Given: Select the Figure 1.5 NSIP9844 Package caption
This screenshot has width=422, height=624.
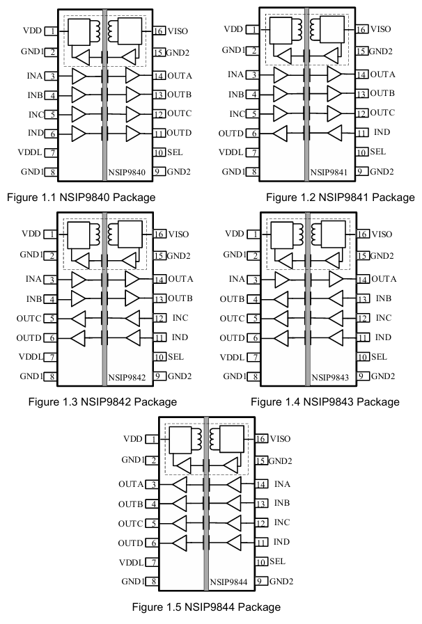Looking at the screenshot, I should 206,607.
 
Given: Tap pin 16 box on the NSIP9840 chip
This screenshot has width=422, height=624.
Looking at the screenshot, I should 159,31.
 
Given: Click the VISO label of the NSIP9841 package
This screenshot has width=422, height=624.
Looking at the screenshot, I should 382,29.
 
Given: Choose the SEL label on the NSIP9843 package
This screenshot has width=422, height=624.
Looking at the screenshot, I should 379,357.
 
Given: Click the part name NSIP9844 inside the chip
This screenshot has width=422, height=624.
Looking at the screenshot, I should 226,581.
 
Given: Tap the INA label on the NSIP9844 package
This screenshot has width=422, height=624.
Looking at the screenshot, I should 282,484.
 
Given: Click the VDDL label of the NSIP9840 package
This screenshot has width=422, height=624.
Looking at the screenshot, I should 33,152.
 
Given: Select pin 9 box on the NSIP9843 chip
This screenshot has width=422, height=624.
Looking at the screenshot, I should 361,376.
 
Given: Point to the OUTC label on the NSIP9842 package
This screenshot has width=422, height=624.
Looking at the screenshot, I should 31,319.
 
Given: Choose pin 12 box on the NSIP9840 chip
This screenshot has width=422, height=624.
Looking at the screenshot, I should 159,113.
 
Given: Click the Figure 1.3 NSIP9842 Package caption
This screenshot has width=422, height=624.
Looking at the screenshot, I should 102,401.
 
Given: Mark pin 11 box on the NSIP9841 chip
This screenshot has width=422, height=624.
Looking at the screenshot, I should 361,132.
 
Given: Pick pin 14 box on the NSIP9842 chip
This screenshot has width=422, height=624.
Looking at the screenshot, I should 159,279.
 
